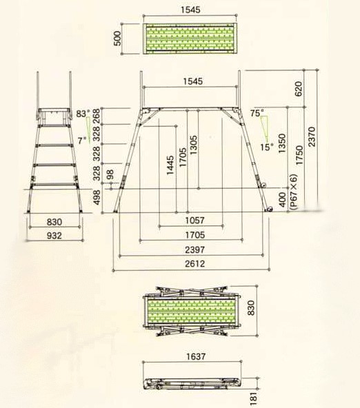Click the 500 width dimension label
point(118,39)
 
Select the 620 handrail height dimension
point(299,88)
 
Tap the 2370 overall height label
point(311,136)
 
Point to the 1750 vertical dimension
point(299,155)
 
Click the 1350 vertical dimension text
point(282,143)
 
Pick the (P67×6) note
point(293,192)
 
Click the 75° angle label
point(257,112)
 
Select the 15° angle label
point(267,147)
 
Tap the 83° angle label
point(83,114)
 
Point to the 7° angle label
point(82,141)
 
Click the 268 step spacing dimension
point(97,116)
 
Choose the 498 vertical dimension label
point(97,197)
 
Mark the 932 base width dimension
point(54,236)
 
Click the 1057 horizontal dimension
point(194,221)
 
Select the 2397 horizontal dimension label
point(195,249)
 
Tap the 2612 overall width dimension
point(195,264)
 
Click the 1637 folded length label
point(196,356)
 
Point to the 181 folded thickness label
point(253,398)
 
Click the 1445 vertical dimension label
point(170,165)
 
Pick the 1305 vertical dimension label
point(193,145)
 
